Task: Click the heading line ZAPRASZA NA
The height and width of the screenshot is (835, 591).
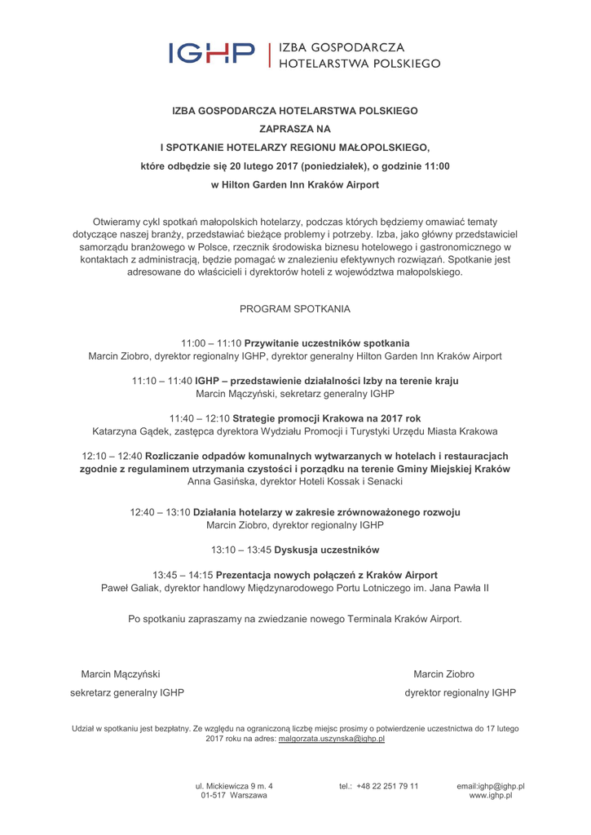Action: tap(295, 128)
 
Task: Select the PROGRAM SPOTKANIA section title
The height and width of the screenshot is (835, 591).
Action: tap(295, 310)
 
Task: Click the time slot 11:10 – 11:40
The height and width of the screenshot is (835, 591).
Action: tap(161, 381)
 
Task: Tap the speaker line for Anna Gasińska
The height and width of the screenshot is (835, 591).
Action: tap(295, 482)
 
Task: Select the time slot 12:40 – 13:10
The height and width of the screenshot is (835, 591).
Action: tap(160, 512)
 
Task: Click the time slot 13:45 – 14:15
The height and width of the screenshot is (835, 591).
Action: tap(183, 575)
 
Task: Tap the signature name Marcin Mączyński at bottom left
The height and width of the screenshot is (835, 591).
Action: tap(121, 674)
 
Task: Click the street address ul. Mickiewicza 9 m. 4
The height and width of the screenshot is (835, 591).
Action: tap(234, 786)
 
